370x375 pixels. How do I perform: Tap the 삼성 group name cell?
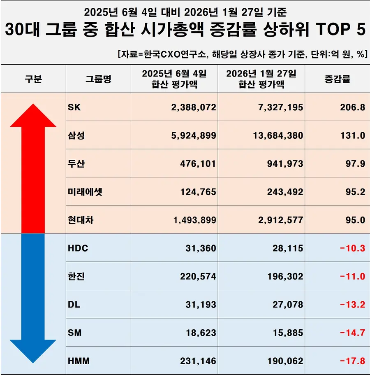pyautogui.click(x=76, y=135)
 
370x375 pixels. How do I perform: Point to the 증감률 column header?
pyautogui.click(x=337, y=79)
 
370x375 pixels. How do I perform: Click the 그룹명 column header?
pyautogui.click(x=98, y=79)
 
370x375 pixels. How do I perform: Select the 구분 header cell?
pyautogui.click(x=33, y=79)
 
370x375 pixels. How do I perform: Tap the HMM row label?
pyautogui.click(x=78, y=361)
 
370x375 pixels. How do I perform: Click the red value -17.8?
pyautogui.click(x=352, y=361)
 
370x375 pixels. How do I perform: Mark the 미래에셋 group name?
pyautogui.click(x=85, y=192)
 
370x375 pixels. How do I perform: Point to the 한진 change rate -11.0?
pyautogui.click(x=352, y=277)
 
